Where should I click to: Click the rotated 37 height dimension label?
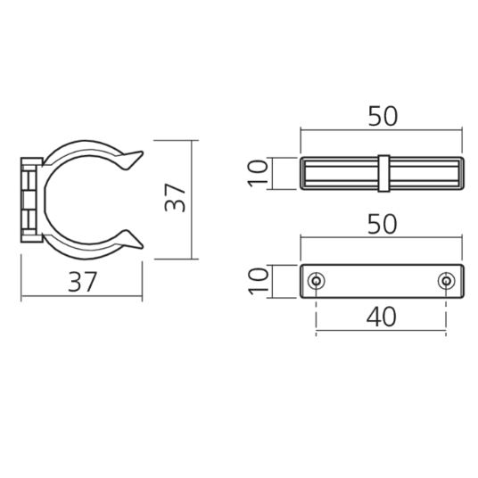[177, 197]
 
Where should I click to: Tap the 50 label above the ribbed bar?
[382, 116]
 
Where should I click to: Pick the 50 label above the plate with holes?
[382, 224]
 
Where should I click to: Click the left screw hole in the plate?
[316, 282]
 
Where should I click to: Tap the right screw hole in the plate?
[446, 282]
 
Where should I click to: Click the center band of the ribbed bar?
[382, 173]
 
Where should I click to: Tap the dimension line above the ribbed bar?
[382, 131]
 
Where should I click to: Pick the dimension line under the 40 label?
[382, 331]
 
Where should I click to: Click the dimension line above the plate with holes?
[382, 239]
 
